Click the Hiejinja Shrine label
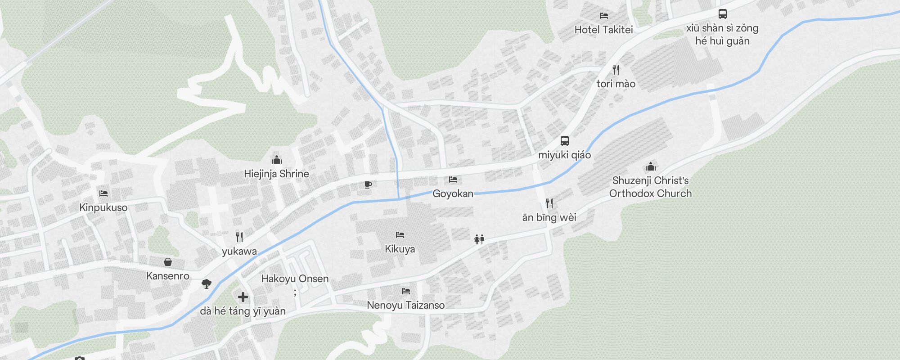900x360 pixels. pyautogui.click(x=276, y=174)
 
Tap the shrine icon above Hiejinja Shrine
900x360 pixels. pyautogui.click(x=276, y=160)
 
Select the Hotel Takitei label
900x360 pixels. pyautogui.click(x=603, y=30)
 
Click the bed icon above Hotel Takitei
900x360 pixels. pyautogui.click(x=604, y=16)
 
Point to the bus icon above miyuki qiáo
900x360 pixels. pyautogui.click(x=565, y=140)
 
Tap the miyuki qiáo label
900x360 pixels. pyautogui.click(x=564, y=155)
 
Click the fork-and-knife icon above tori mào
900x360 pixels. pyautogui.click(x=616, y=70)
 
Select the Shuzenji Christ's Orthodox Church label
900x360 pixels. pyautogui.click(x=650, y=187)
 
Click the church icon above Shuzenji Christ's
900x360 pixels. pyautogui.click(x=650, y=167)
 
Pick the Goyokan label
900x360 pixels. pyautogui.click(x=453, y=193)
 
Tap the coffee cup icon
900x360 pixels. pyautogui.click(x=368, y=184)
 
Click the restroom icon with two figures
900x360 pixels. pyautogui.click(x=479, y=239)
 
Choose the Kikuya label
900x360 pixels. pyautogui.click(x=400, y=249)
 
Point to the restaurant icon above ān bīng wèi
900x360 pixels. pyautogui.click(x=549, y=203)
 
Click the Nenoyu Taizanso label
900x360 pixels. pyautogui.click(x=405, y=305)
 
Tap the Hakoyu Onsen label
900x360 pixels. pyautogui.click(x=295, y=279)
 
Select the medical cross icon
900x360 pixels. pyautogui.click(x=243, y=297)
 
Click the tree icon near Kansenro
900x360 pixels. pyautogui.click(x=207, y=283)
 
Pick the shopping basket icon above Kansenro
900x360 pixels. pyautogui.click(x=168, y=262)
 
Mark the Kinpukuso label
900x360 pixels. pyautogui.click(x=103, y=207)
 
